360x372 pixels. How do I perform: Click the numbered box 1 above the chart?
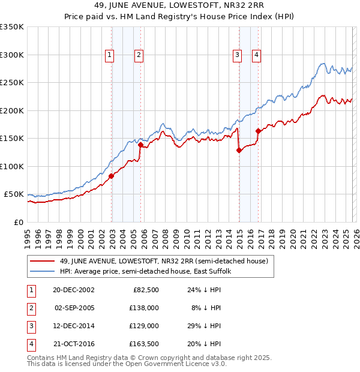tap(110, 55)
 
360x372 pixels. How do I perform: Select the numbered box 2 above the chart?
tap(139, 55)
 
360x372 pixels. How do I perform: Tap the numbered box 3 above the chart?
tap(237, 55)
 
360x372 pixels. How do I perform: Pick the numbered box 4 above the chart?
tap(256, 55)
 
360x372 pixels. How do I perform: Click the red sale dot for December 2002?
tap(112, 176)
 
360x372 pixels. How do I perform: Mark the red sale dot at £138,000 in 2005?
tap(140, 145)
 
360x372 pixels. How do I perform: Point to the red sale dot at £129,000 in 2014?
tap(239, 150)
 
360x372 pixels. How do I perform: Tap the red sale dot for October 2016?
tap(258, 131)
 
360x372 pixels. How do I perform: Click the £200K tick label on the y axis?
tap(12, 110)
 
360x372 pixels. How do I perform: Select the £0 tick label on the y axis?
tap(18, 222)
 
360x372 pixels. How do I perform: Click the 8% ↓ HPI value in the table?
tap(207, 308)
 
